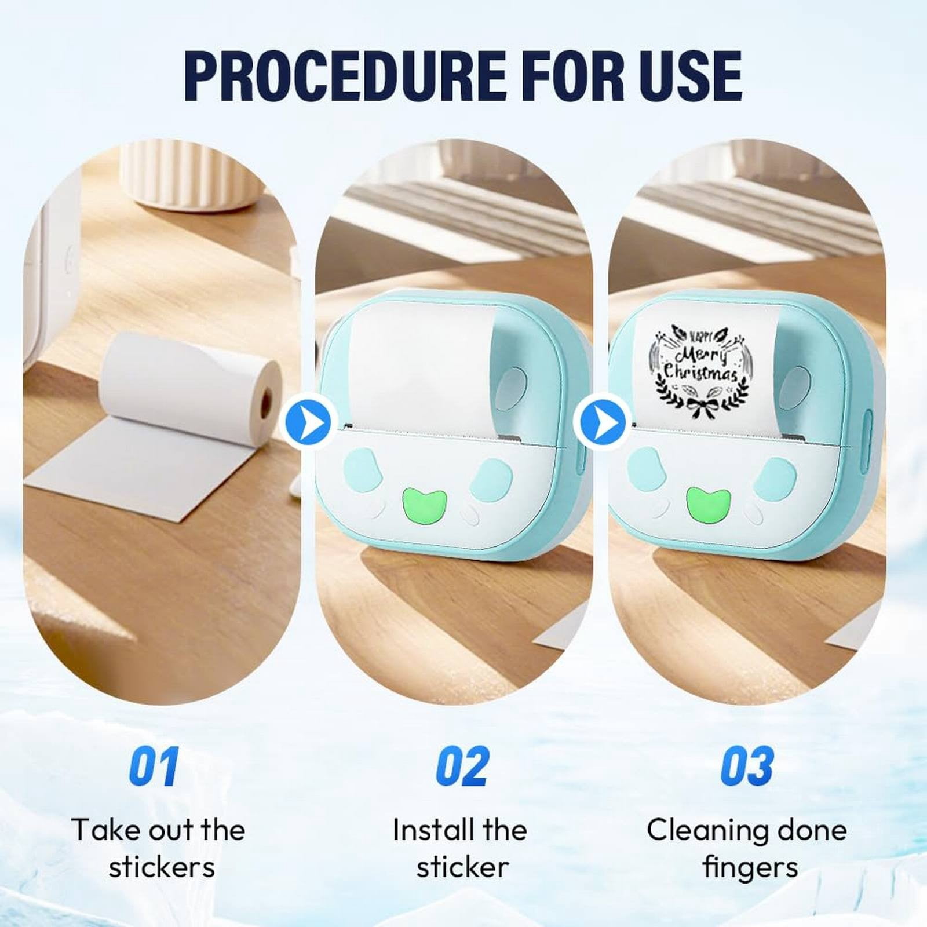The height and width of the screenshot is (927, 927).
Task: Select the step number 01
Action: [x=154, y=766]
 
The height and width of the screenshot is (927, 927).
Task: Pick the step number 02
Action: [x=462, y=766]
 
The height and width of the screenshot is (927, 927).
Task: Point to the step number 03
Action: [x=747, y=766]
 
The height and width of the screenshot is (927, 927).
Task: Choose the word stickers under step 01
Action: [x=162, y=868]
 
